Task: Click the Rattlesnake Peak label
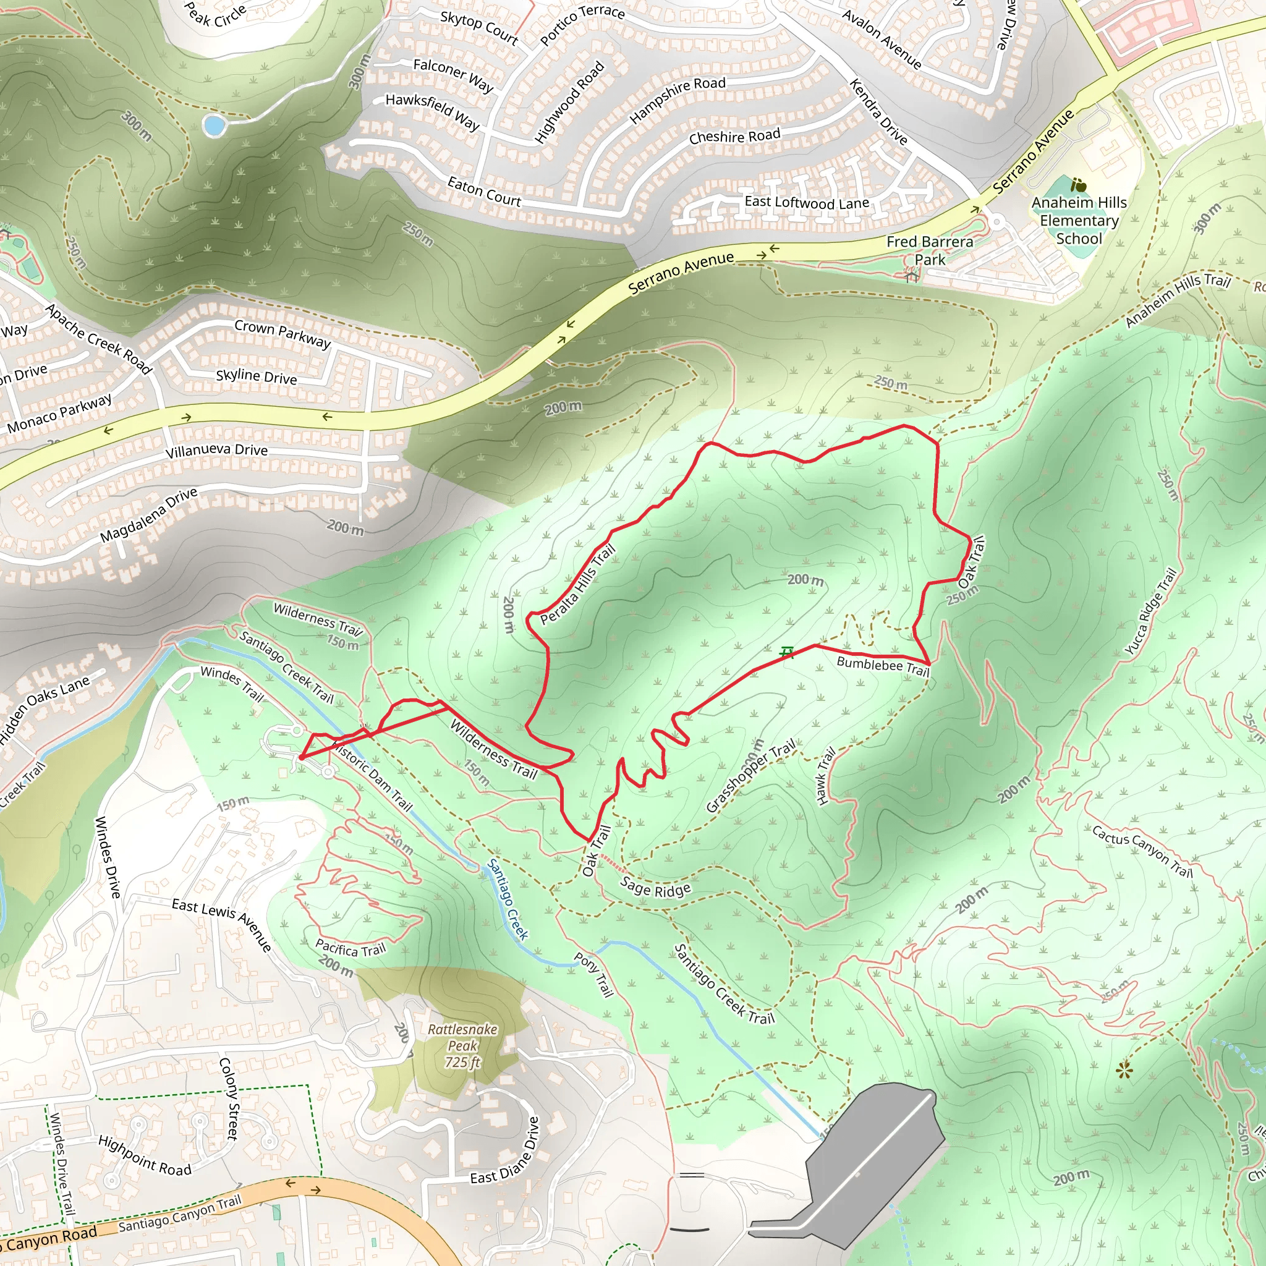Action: click(x=462, y=1045)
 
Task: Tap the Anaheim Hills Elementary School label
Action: click(x=1079, y=221)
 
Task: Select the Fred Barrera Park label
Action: click(x=929, y=250)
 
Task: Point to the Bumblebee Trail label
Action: click(x=883, y=666)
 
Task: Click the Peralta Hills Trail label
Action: click(x=577, y=584)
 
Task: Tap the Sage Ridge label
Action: click(x=655, y=888)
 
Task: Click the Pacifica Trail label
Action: click(x=350, y=948)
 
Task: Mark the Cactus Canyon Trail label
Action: click(x=1142, y=851)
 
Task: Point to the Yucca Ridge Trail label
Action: click(x=1150, y=611)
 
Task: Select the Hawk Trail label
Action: click(x=825, y=776)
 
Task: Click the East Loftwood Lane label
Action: click(x=807, y=203)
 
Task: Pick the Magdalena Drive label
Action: click(x=149, y=515)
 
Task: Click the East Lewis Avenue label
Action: click(x=221, y=925)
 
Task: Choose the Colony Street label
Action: click(x=228, y=1098)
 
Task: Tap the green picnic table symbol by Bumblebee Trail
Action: click(x=787, y=652)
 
